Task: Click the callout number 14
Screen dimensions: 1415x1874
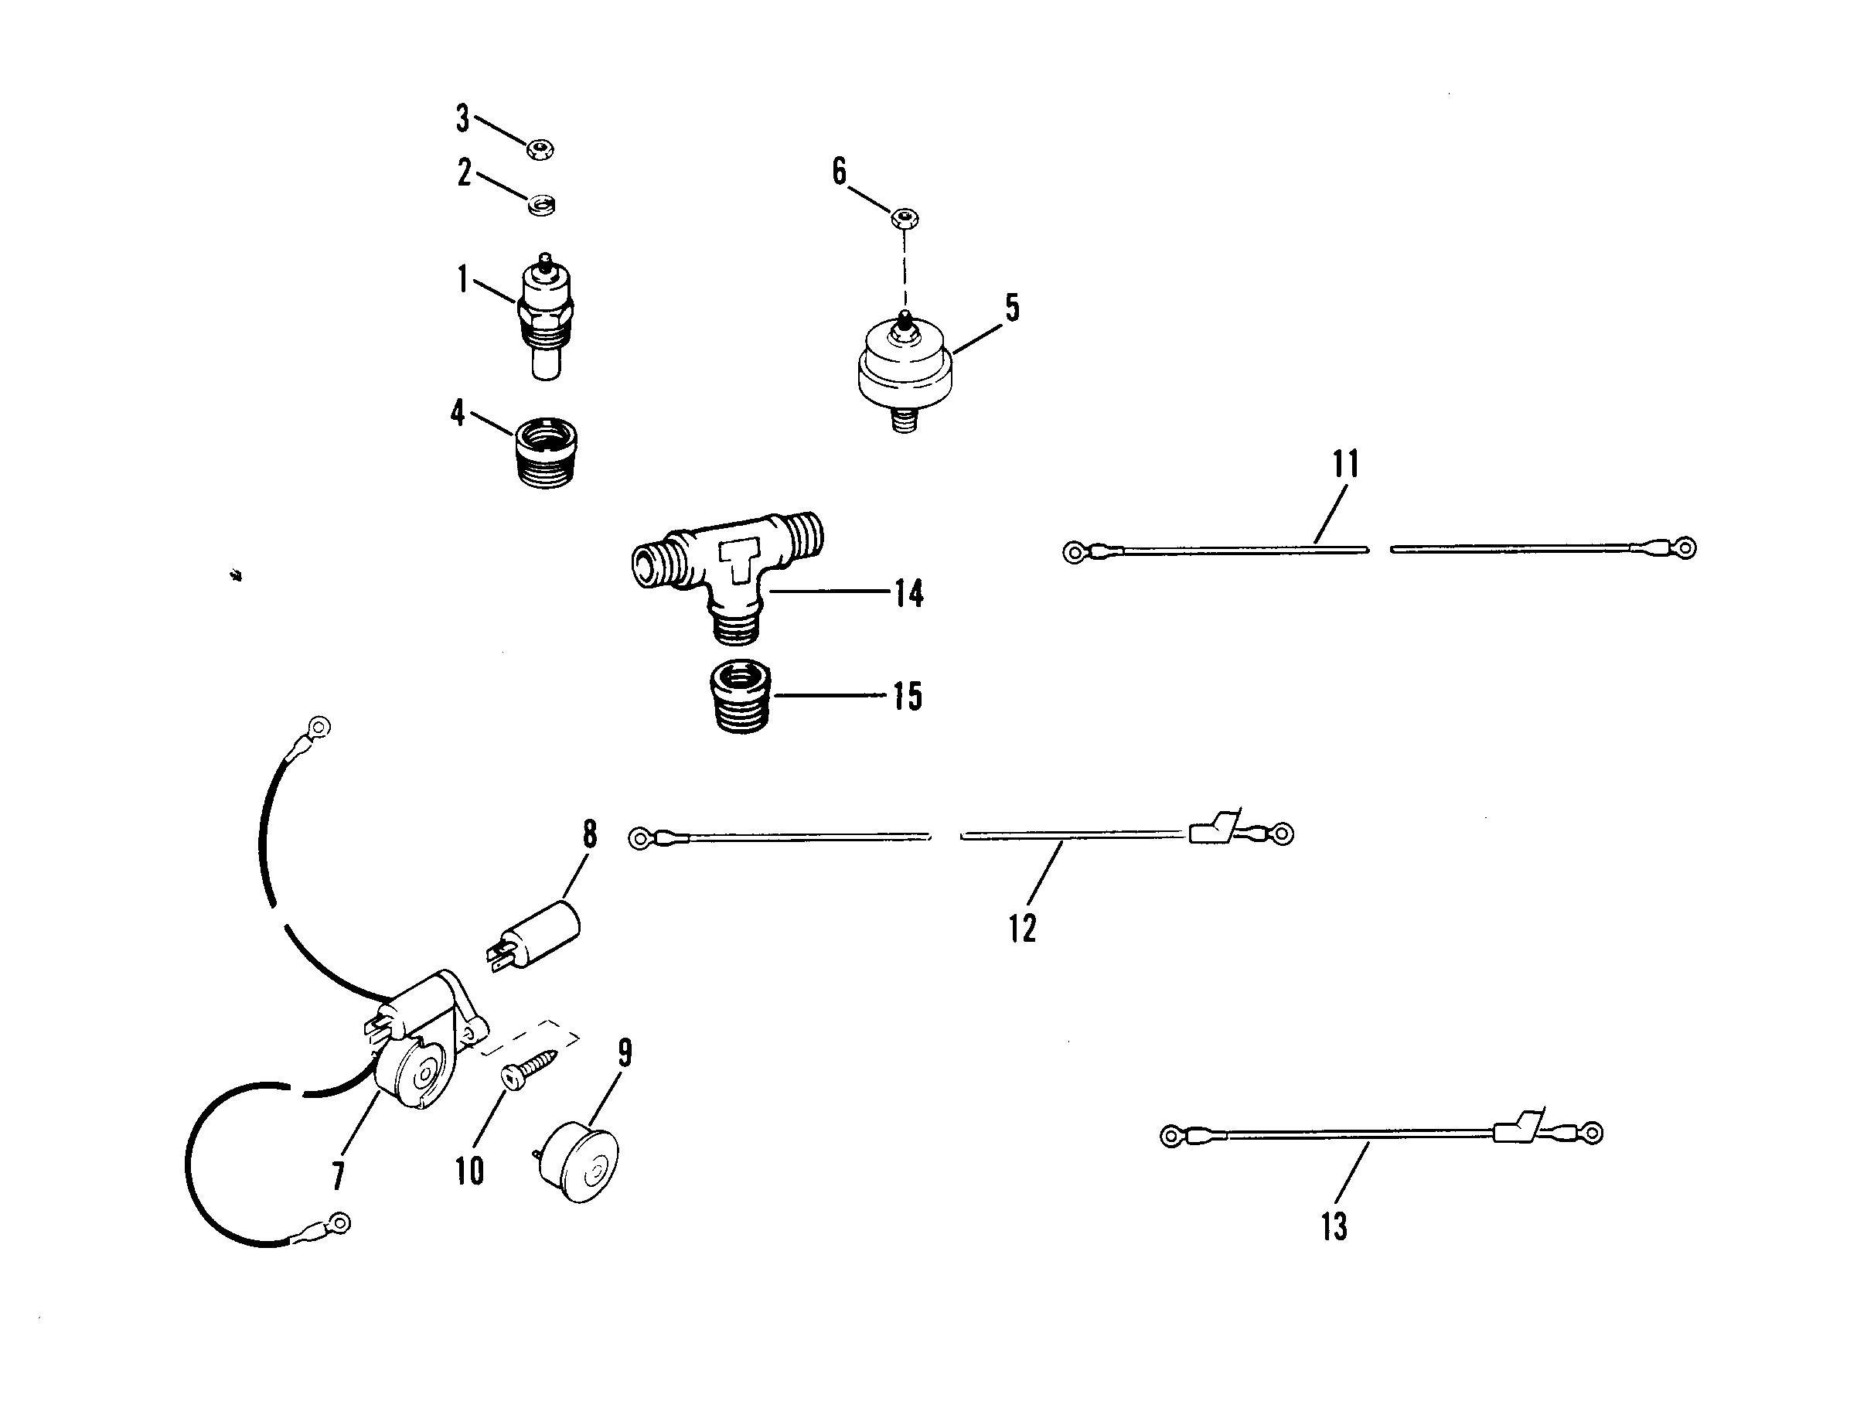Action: point(908,594)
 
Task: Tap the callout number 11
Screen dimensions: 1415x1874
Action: point(1345,465)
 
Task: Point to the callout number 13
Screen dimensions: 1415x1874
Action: point(1334,1226)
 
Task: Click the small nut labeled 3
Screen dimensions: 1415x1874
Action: point(539,151)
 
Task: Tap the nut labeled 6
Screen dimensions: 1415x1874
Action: point(905,220)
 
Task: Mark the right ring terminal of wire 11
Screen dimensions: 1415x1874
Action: point(1685,547)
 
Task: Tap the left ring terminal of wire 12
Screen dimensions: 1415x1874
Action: point(639,838)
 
